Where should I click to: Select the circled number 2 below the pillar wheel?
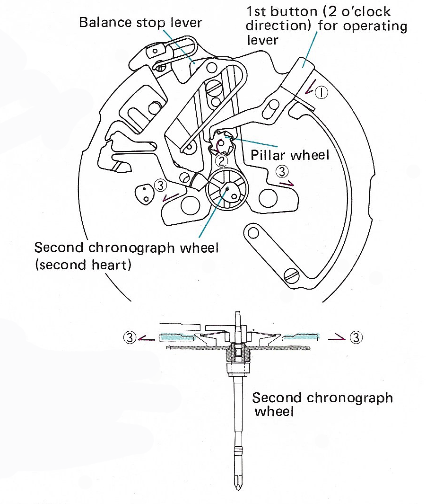(221, 161)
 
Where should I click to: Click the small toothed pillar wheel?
(223, 141)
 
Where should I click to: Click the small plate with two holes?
(144, 194)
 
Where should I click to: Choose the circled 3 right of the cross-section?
(356, 337)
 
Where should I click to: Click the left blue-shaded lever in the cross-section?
(176, 337)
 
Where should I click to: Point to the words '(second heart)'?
(83, 265)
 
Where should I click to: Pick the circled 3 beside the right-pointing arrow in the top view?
(281, 170)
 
